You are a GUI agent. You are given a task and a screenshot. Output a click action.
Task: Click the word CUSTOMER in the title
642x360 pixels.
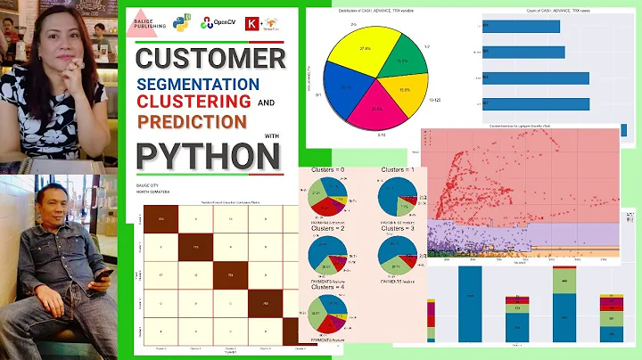[x=210, y=59]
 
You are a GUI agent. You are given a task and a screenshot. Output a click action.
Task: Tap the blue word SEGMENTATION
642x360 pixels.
[x=198, y=83]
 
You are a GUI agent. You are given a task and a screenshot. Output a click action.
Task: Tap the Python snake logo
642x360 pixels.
[x=183, y=19]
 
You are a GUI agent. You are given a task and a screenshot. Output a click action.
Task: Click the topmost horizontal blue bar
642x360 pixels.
[x=521, y=26]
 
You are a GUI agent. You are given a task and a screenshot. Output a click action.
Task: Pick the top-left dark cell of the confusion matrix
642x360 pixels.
[x=160, y=219]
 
